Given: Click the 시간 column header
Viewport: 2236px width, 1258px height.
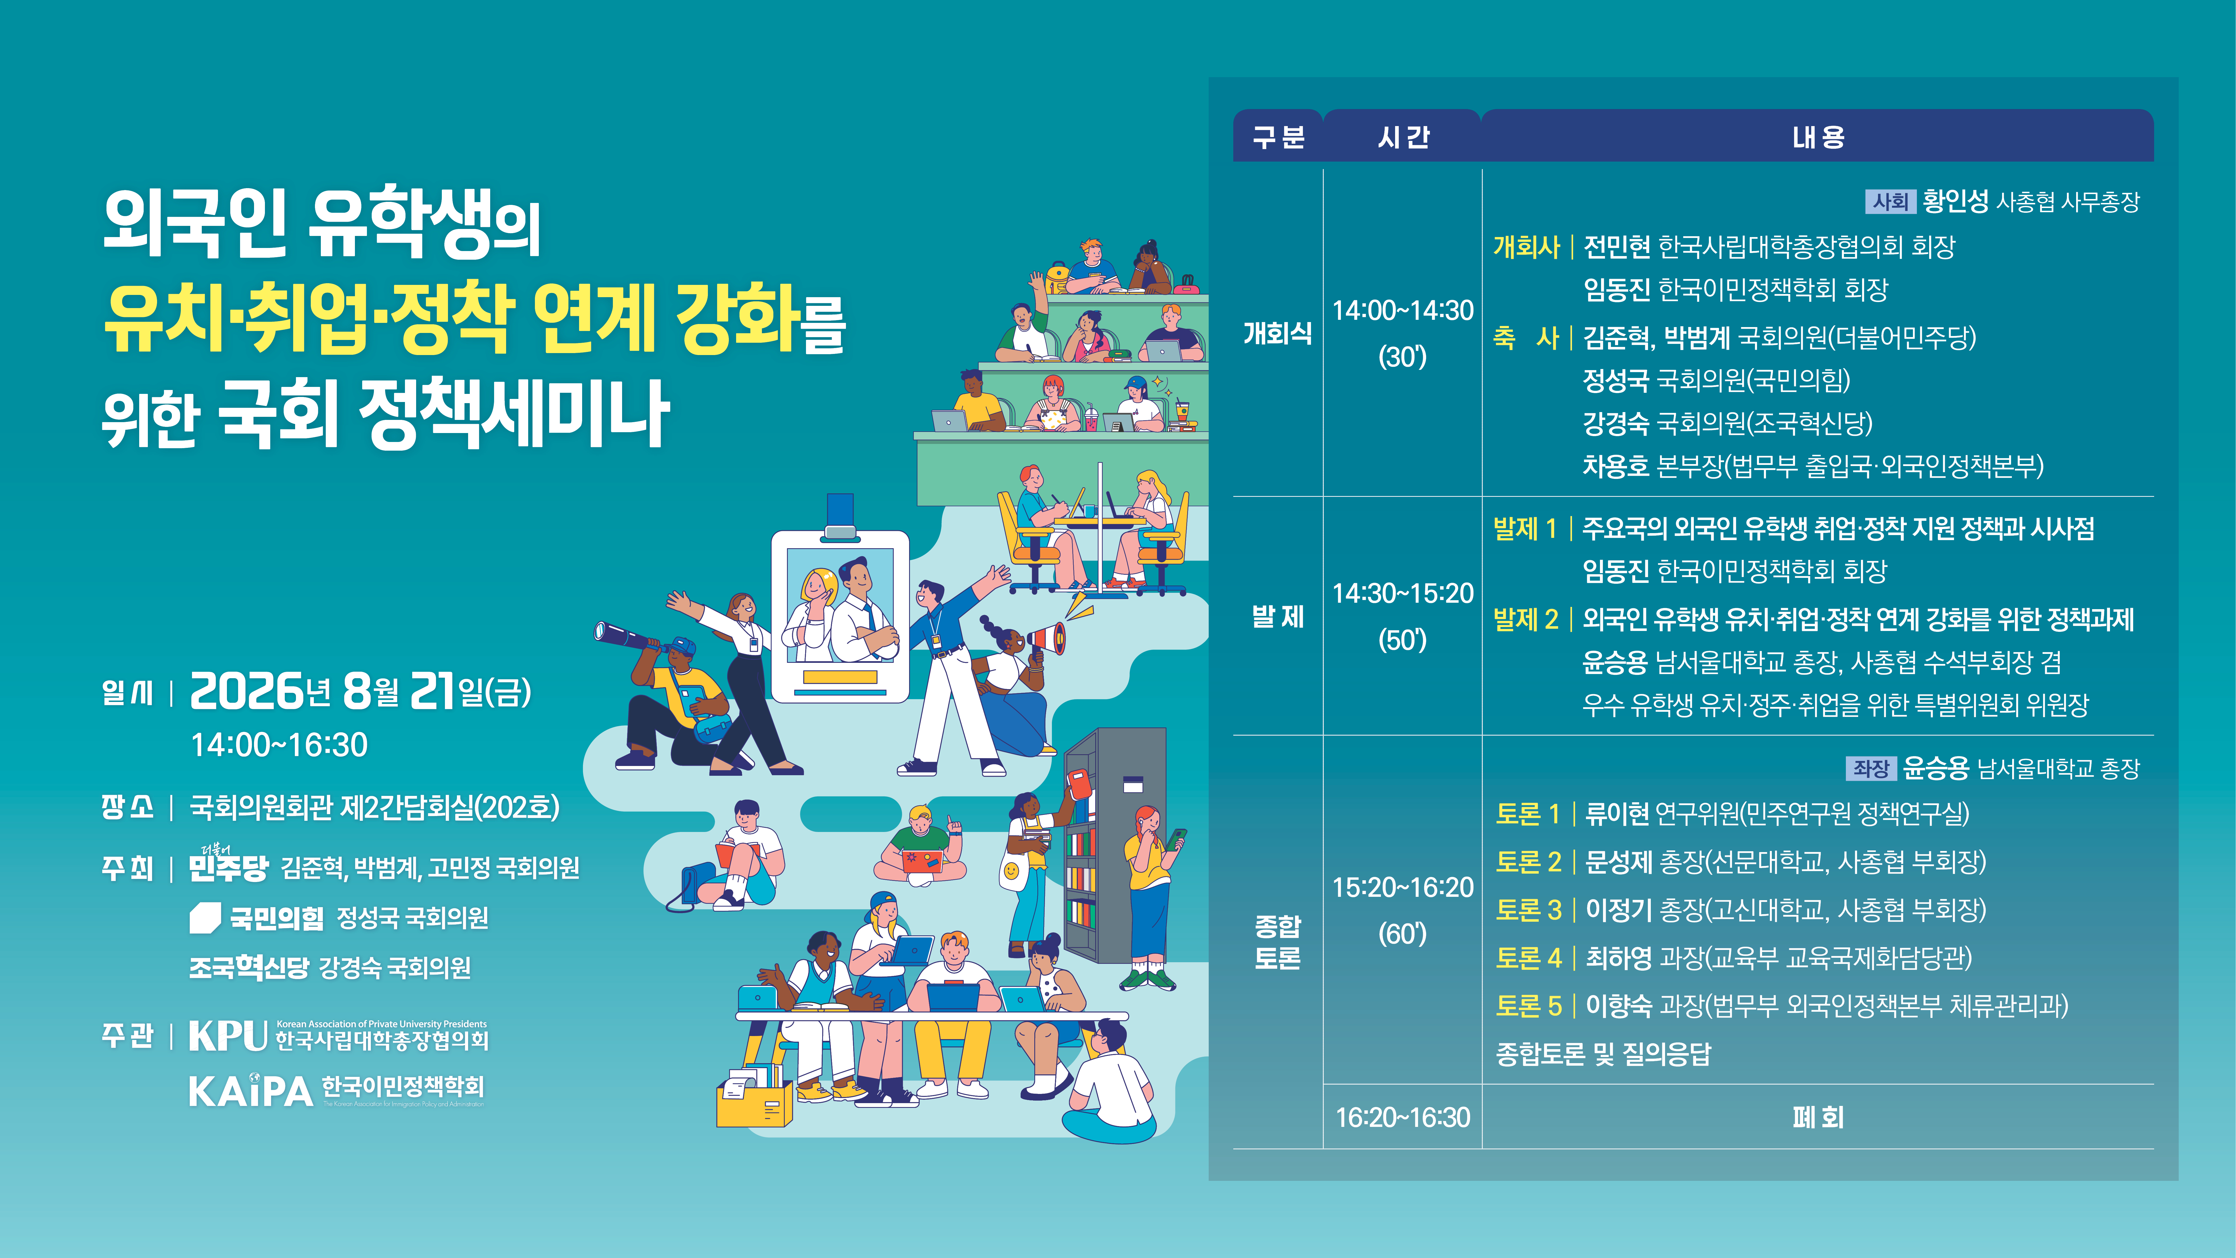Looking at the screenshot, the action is (1403, 136).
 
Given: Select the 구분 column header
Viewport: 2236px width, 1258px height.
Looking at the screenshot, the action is (1278, 136).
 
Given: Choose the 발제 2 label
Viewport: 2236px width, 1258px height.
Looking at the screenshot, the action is (1525, 619).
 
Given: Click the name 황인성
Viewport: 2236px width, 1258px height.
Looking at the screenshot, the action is (1955, 201).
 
